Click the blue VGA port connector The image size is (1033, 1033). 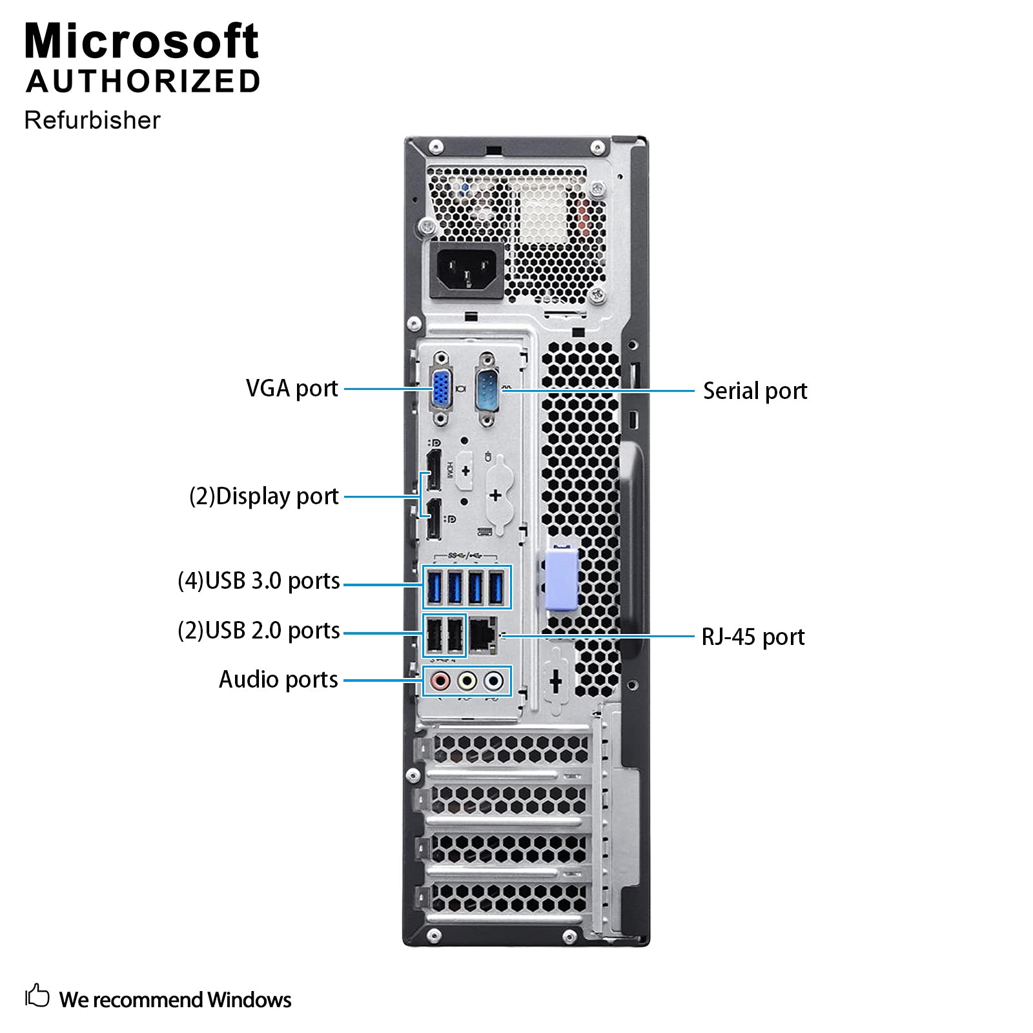pyautogui.click(x=441, y=389)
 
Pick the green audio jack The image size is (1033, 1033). pyautogui.click(x=467, y=680)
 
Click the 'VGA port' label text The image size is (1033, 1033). pyautogui.click(x=292, y=389)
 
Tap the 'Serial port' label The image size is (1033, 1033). pyautogui.click(x=755, y=391)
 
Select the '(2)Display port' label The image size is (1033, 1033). pyautogui.click(x=263, y=496)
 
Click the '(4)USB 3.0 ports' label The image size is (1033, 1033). pyautogui.click(x=258, y=581)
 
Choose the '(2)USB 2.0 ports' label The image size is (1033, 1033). pyautogui.click(x=258, y=630)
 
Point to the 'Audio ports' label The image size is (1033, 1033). pyautogui.click(x=278, y=679)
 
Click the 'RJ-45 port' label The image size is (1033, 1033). pyautogui.click(x=753, y=637)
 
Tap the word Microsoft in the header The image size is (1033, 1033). pyautogui.click(x=141, y=41)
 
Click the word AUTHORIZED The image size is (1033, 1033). pyautogui.click(x=143, y=81)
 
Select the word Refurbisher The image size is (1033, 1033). pyautogui.click(x=92, y=120)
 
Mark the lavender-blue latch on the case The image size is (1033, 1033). pyautogui.click(x=562, y=578)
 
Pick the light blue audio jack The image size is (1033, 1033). pyautogui.click(x=494, y=680)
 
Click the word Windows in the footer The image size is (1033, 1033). pyautogui.click(x=249, y=999)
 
